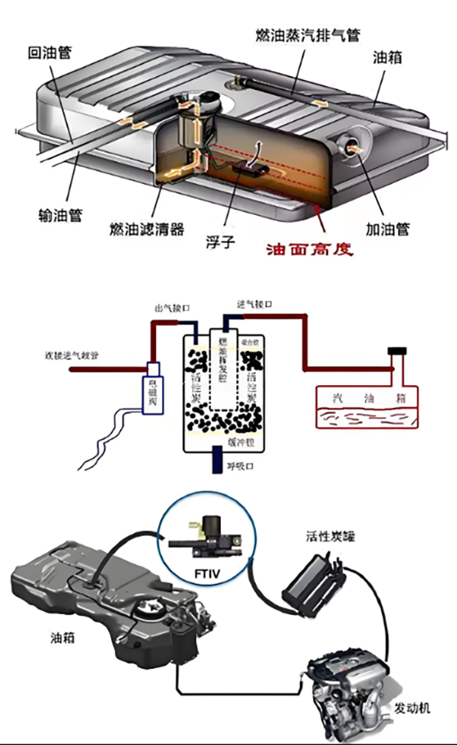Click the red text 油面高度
click(309, 250)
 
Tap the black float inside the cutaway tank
click(249, 167)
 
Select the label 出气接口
click(171, 309)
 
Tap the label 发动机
click(412, 708)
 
